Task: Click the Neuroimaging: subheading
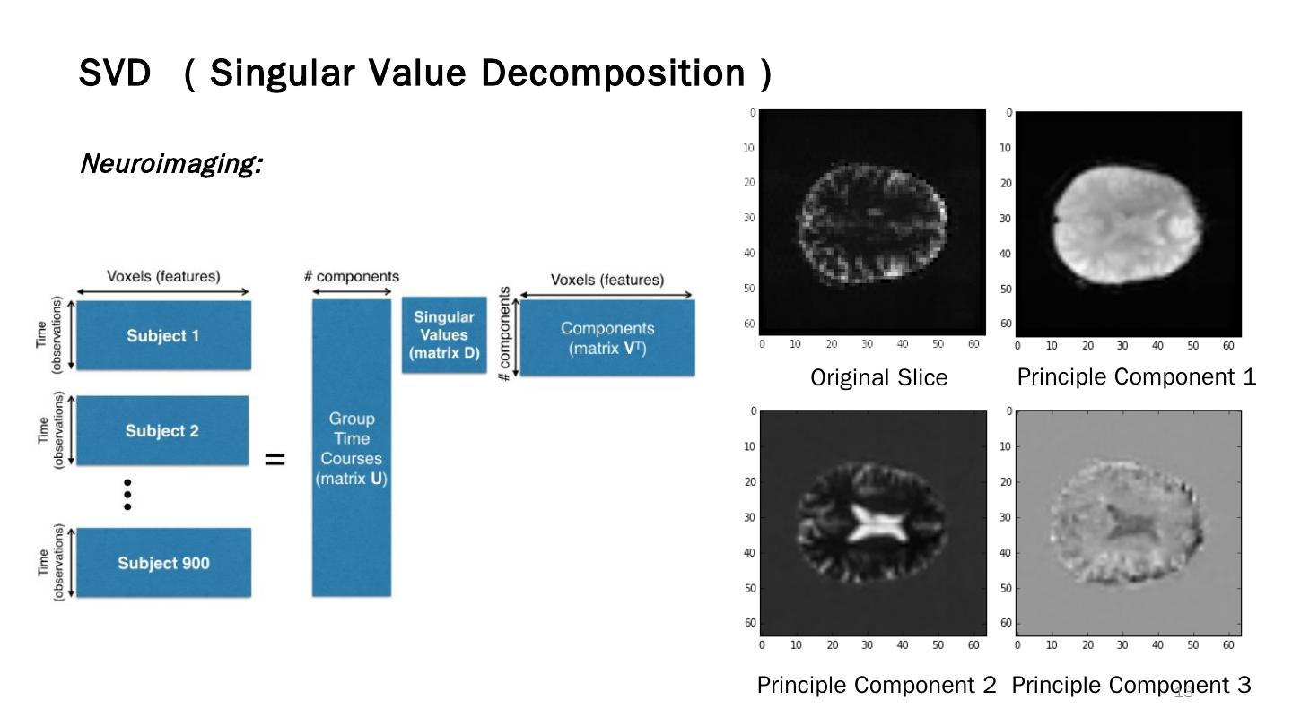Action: click(x=170, y=164)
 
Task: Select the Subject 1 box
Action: click(x=162, y=336)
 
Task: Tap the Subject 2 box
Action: click(x=162, y=431)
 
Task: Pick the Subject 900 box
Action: click(x=163, y=563)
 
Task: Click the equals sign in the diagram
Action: click(x=275, y=460)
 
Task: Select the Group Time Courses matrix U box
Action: click(x=351, y=447)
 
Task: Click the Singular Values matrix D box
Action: click(x=444, y=335)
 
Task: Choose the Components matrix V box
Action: click(x=607, y=338)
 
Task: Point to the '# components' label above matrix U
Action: click(x=351, y=276)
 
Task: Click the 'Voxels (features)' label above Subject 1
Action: click(x=162, y=276)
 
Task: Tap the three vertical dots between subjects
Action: click(x=127, y=494)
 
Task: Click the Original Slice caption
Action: click(x=878, y=377)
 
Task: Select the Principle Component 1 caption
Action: click(x=1136, y=377)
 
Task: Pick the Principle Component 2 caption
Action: click(x=877, y=685)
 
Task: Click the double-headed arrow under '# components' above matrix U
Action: click(x=351, y=291)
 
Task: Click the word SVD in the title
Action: click(x=114, y=73)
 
